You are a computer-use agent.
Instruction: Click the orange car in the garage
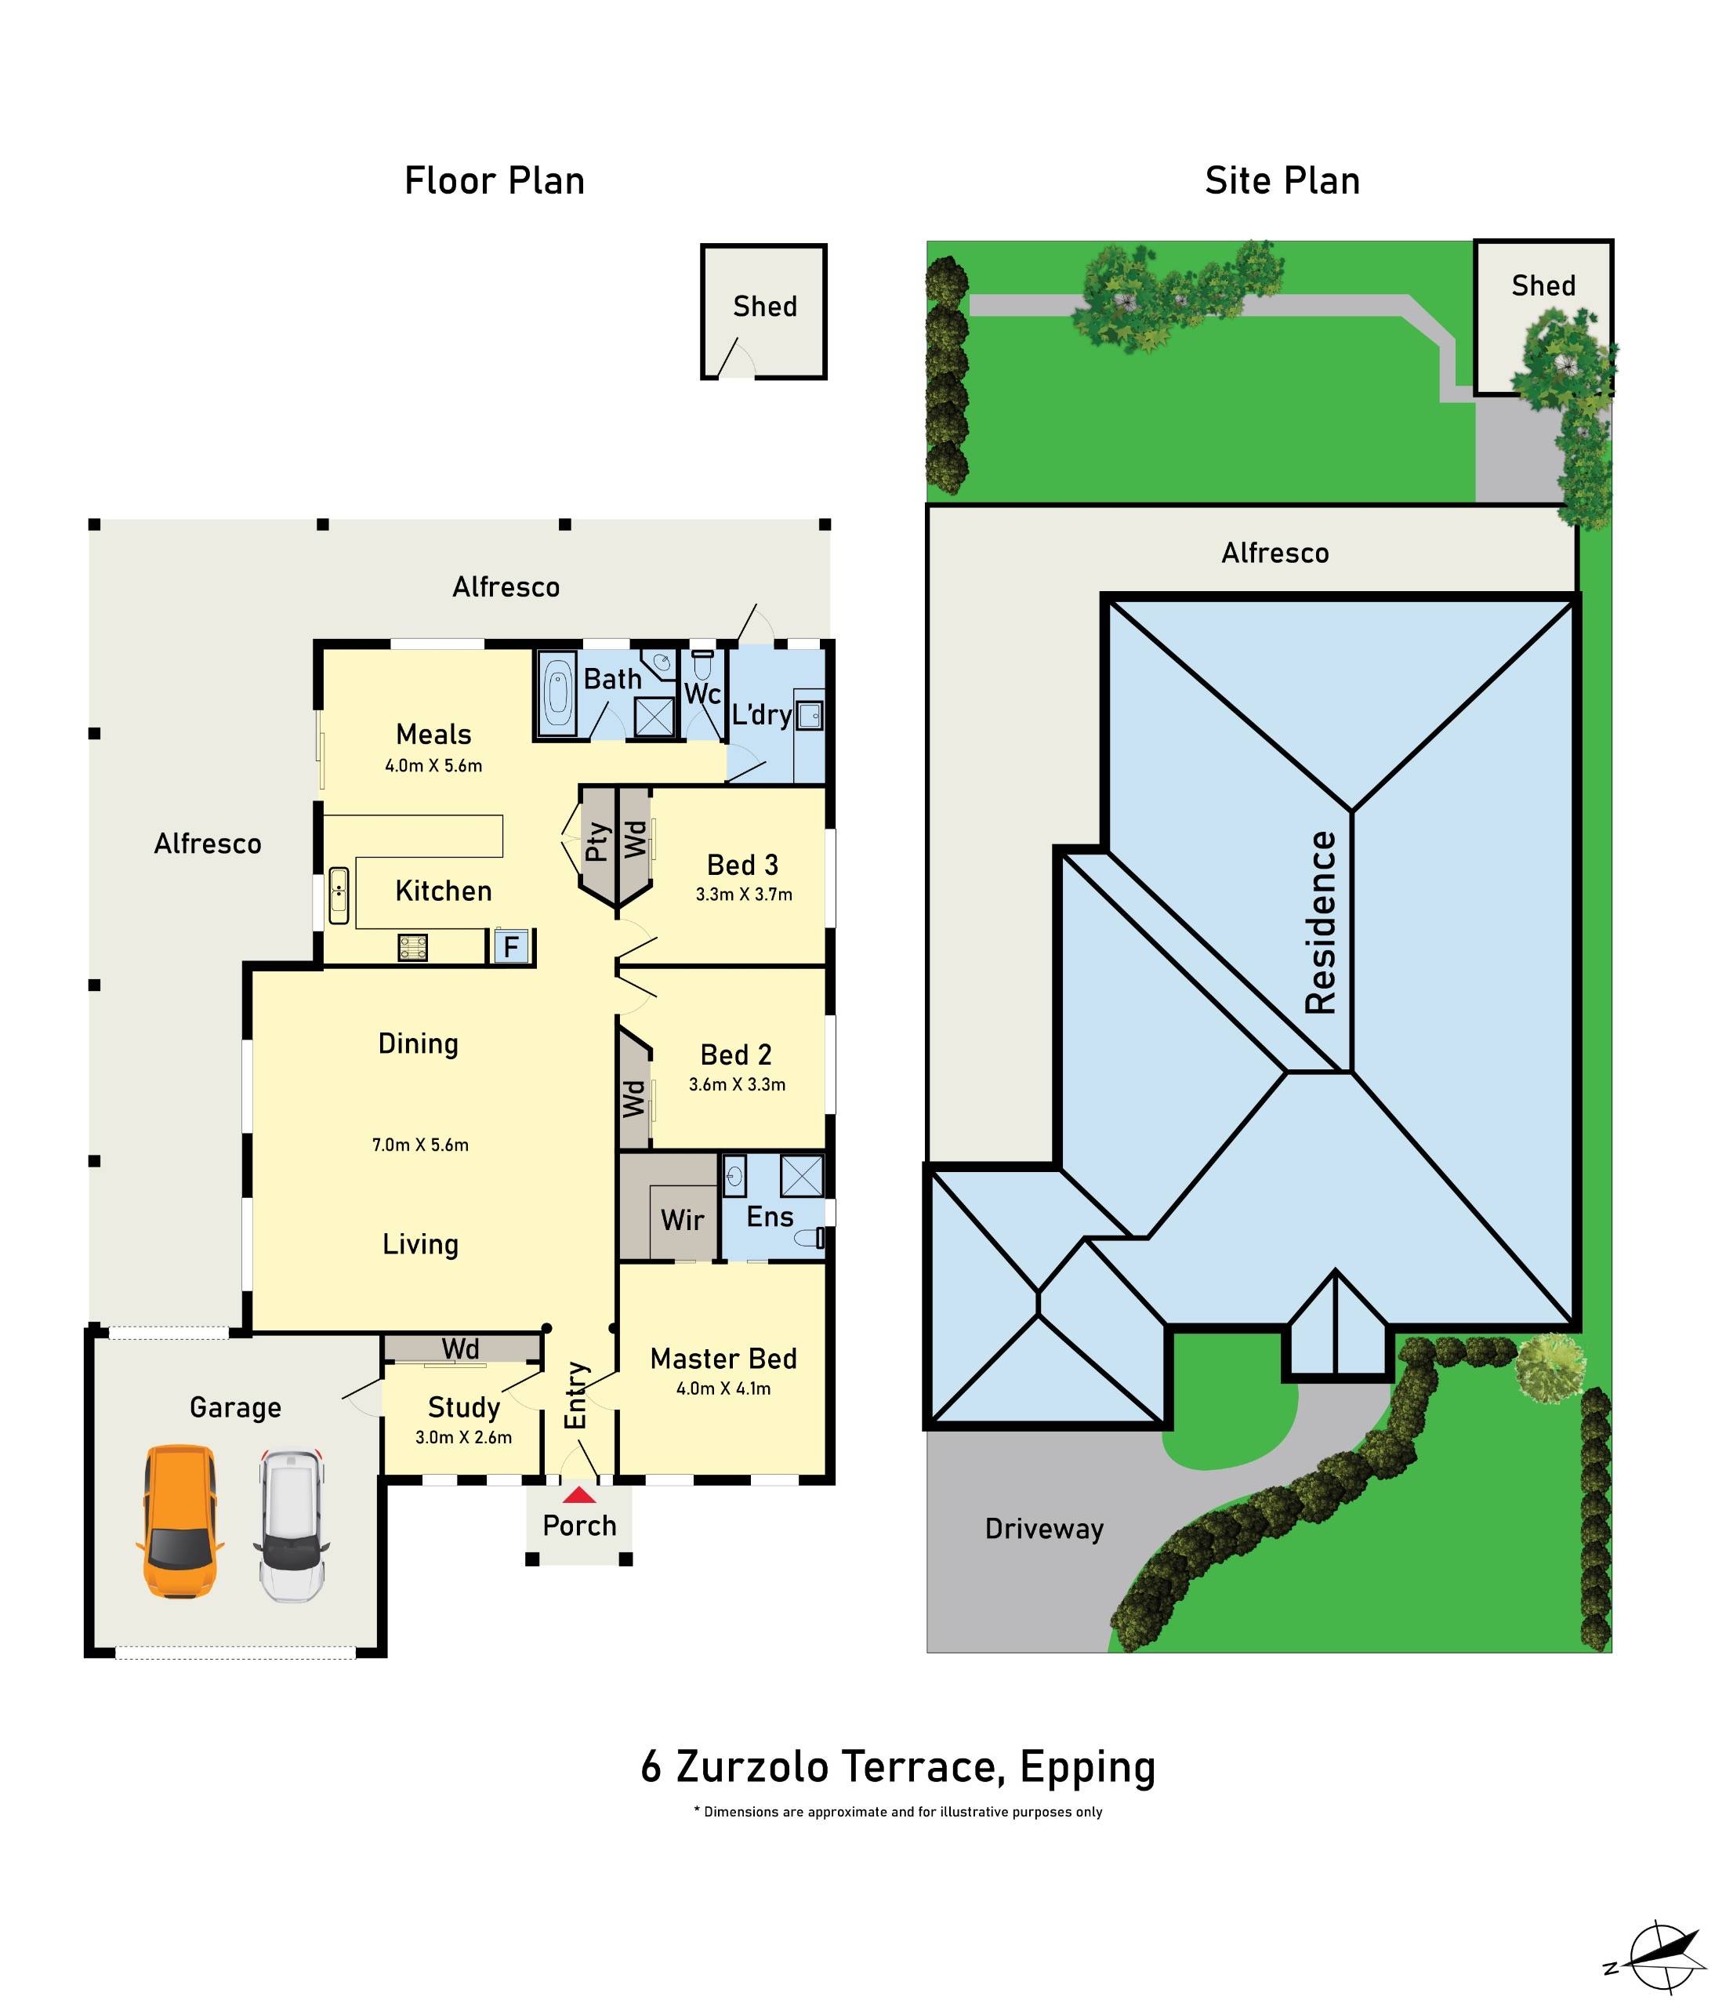click(x=180, y=1521)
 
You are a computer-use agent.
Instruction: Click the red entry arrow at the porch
click(x=579, y=1496)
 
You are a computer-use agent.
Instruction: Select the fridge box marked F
click(x=511, y=945)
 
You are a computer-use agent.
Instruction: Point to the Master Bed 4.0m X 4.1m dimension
click(x=723, y=1388)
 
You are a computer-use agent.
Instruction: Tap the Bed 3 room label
click(x=741, y=864)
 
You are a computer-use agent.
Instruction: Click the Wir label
click(x=682, y=1220)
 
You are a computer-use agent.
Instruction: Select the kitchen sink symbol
click(x=339, y=895)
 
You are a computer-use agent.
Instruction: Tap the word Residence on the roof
click(x=1320, y=922)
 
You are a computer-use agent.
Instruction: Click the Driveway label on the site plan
click(x=1044, y=1529)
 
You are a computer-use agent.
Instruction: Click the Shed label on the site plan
click(x=1543, y=285)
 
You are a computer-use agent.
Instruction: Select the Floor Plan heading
click(x=494, y=181)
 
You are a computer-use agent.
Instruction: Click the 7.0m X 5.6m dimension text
click(x=420, y=1144)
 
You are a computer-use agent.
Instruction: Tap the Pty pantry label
click(x=597, y=842)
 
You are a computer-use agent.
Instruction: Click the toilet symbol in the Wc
click(x=702, y=666)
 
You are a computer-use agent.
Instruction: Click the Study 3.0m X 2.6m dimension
click(x=463, y=1438)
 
